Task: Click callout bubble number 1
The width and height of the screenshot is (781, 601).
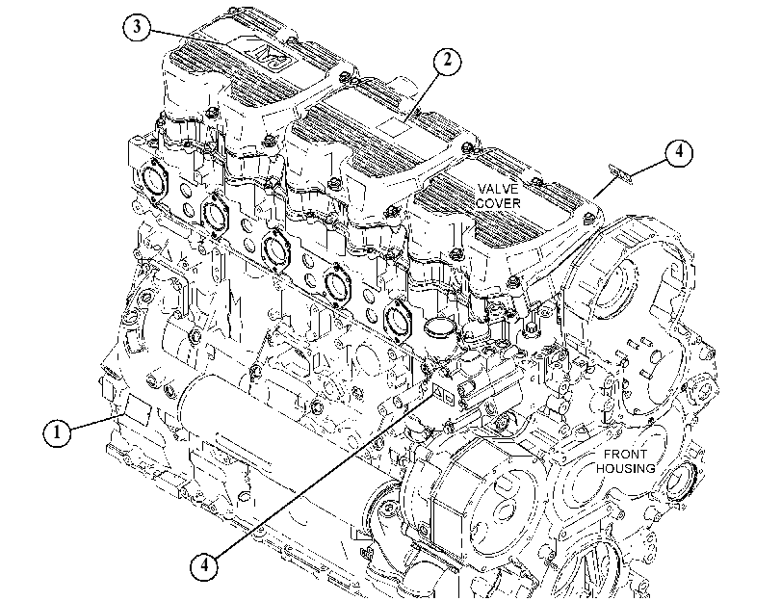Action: [57, 432]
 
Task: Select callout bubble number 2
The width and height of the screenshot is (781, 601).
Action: [447, 61]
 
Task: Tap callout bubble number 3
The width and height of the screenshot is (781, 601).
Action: [137, 27]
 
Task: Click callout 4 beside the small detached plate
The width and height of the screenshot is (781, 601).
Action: [679, 151]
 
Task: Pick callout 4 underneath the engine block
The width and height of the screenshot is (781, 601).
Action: [204, 565]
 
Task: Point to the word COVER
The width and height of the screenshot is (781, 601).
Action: [498, 203]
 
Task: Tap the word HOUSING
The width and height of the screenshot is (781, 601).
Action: [626, 468]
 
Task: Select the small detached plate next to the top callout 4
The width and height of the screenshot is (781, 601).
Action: [620, 174]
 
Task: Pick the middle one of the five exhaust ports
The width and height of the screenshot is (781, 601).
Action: [275, 249]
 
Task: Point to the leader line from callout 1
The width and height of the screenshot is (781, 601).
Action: [96, 422]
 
